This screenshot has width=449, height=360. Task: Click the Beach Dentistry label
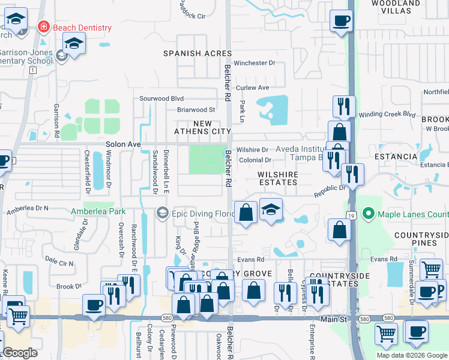82,28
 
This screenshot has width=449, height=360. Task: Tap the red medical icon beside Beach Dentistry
43,27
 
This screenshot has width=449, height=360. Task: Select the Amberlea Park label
98,211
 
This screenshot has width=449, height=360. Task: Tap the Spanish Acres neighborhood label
197,53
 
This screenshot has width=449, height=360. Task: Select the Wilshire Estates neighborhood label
278,174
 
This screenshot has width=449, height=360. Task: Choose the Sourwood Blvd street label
161,98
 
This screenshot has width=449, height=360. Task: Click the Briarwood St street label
196,110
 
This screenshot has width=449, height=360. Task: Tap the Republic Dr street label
331,191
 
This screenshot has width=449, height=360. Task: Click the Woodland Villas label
396,7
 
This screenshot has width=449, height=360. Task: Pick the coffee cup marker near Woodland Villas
342,22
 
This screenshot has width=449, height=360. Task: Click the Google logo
20,353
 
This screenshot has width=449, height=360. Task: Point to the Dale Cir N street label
59,263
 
